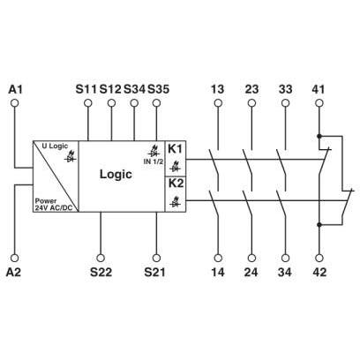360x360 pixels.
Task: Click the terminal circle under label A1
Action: pyautogui.click(x=14, y=103)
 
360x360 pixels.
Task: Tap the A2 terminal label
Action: pyautogui.click(x=14, y=272)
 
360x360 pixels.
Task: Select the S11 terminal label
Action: pyautogui.click(x=86, y=89)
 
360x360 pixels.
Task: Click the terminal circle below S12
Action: pyautogui.click(x=111, y=103)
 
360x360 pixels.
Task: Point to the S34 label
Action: pyautogui.click(x=134, y=89)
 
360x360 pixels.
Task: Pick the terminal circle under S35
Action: pyautogui.click(x=157, y=103)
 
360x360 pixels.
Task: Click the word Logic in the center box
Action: pyautogui.click(x=116, y=175)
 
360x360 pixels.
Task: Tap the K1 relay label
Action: pyautogui.click(x=176, y=149)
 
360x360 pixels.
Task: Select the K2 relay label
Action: pyautogui.click(x=176, y=184)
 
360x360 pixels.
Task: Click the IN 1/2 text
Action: pyautogui.click(x=154, y=161)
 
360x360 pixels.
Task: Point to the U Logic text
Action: pyautogui.click(x=55, y=146)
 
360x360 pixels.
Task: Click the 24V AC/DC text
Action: pyautogui.click(x=54, y=207)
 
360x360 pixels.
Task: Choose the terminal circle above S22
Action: pyautogui.click(x=101, y=258)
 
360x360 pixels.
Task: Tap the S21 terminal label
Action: pyautogui.click(x=154, y=272)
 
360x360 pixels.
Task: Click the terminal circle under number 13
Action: pyautogui.click(x=218, y=103)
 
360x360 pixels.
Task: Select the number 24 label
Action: pyautogui.click(x=251, y=272)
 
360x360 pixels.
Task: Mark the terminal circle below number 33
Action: pyautogui.click(x=285, y=103)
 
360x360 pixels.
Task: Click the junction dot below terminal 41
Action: pyautogui.click(x=319, y=136)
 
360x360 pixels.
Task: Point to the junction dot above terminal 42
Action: pyautogui.click(x=319, y=225)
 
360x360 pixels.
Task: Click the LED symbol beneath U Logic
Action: pyautogui.click(x=71, y=157)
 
